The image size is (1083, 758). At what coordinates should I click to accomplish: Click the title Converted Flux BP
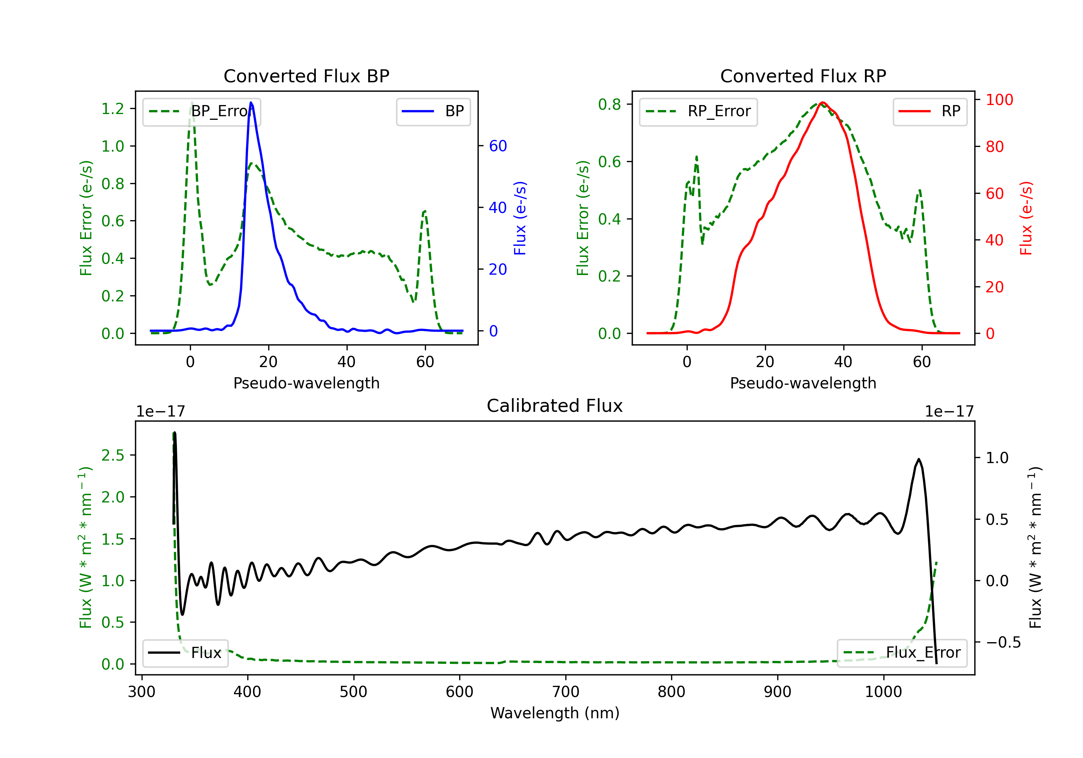pos(306,76)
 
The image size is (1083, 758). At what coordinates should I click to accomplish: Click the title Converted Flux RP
pos(803,76)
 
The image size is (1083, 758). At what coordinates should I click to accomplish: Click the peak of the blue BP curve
pos(251,103)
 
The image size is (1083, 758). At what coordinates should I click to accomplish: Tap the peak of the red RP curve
pos(822,103)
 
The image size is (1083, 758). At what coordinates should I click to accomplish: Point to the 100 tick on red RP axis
pos(999,100)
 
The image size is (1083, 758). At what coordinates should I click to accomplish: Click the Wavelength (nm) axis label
pos(555,713)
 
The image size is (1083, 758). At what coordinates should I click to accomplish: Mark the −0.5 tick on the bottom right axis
pos(1003,642)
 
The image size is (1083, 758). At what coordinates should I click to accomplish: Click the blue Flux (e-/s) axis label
pos(520,218)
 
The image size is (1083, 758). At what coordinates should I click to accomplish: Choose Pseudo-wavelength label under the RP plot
pos(803,383)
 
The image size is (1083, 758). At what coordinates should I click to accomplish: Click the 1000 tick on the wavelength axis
pos(883,692)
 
